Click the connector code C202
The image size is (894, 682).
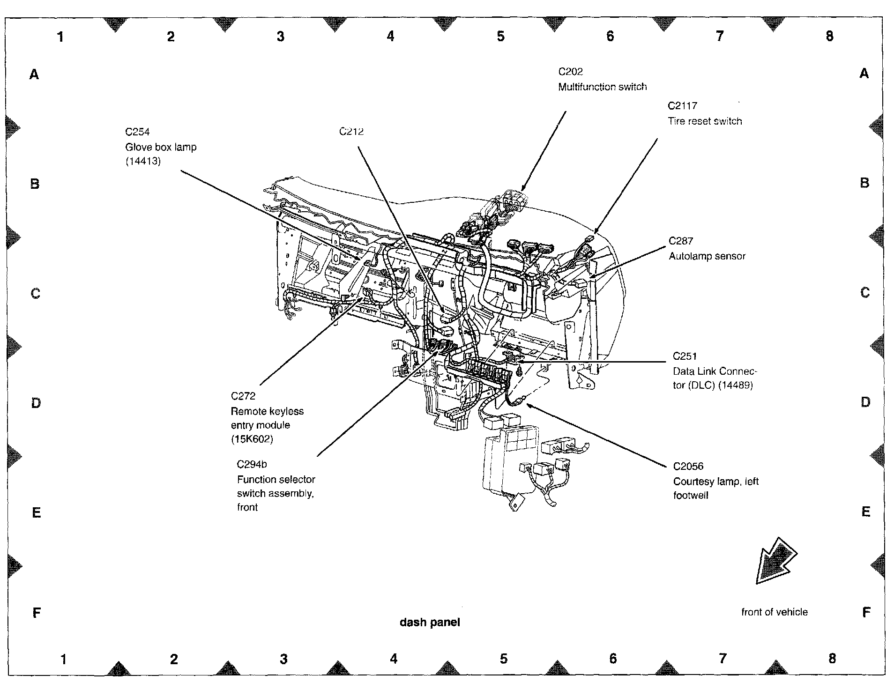pyautogui.click(x=570, y=72)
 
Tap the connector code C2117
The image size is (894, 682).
pyautogui.click(x=682, y=106)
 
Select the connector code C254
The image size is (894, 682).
pyautogui.click(x=137, y=132)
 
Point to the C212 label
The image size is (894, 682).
pyautogui.click(x=351, y=132)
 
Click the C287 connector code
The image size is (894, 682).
pyautogui.click(x=680, y=241)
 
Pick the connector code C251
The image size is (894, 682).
pyautogui.click(x=685, y=356)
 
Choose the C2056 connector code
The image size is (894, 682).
pyautogui.click(x=688, y=466)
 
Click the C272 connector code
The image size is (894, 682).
pyautogui.click(x=243, y=396)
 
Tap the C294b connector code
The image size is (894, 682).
pyautogui.click(x=252, y=464)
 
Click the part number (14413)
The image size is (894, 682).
pyautogui.click(x=143, y=162)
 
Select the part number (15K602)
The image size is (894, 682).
pyautogui.click(x=252, y=439)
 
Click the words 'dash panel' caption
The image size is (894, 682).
pyautogui.click(x=430, y=622)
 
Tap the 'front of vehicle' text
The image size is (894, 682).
pyautogui.click(x=774, y=612)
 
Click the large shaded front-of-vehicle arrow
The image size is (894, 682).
pyautogui.click(x=775, y=561)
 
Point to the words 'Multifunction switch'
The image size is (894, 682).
pyautogui.click(x=602, y=87)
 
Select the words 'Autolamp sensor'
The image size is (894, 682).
pyautogui.click(x=707, y=256)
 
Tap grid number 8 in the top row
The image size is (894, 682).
pyautogui.click(x=829, y=36)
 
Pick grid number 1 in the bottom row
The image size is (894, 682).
pyautogui.click(x=63, y=659)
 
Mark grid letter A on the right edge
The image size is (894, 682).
pyautogui.click(x=864, y=74)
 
